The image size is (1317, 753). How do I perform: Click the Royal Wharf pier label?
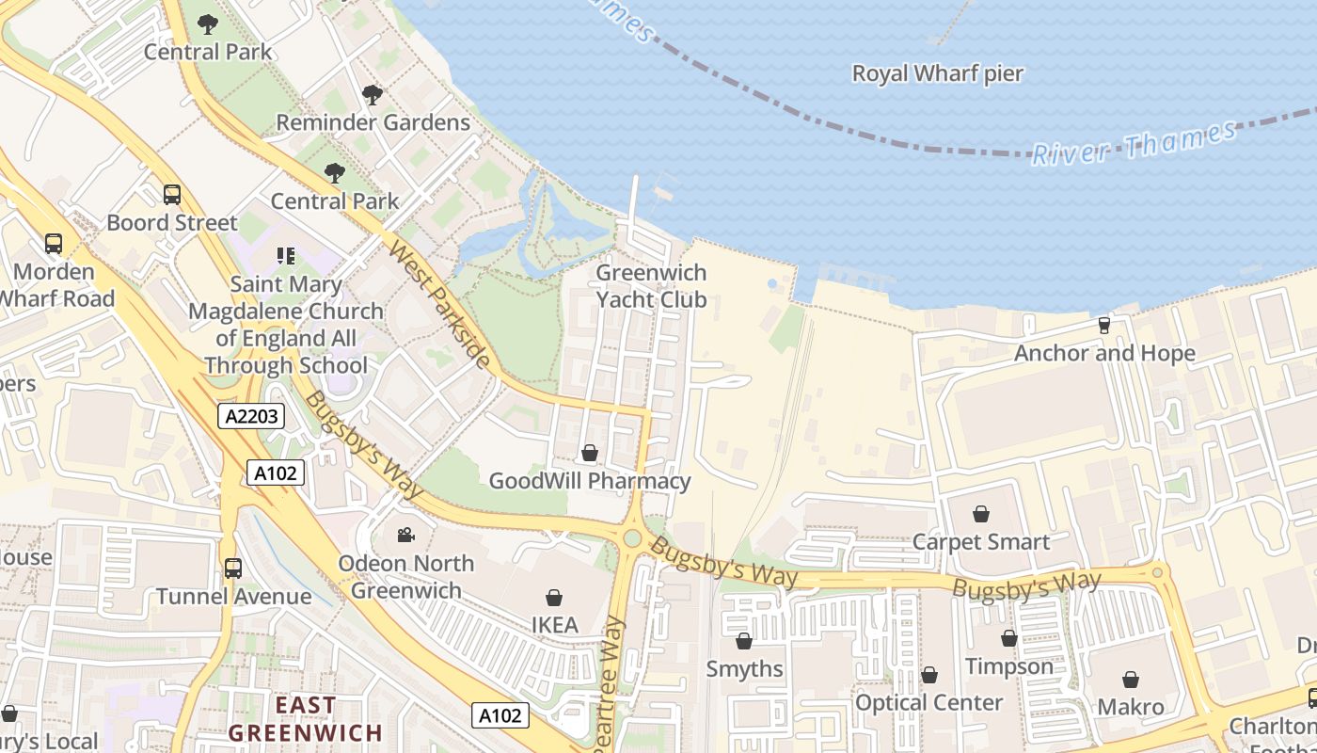(x=937, y=73)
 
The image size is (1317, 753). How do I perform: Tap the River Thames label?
(x=1134, y=144)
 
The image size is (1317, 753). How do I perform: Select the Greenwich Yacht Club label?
(x=651, y=286)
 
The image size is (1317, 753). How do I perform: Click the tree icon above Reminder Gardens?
(x=373, y=94)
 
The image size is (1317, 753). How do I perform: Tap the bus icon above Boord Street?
(x=172, y=195)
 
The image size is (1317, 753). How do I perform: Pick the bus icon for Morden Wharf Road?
(x=54, y=244)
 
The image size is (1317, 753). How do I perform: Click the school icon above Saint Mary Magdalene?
(x=286, y=255)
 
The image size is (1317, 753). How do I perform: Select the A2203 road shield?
(x=251, y=416)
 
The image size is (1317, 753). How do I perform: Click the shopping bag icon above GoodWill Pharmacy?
(x=590, y=453)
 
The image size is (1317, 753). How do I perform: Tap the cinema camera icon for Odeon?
(x=405, y=535)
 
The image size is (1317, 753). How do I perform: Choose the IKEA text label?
(x=554, y=624)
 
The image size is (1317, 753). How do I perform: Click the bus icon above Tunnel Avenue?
(x=232, y=569)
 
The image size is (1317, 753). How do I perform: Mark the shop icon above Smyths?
(x=744, y=641)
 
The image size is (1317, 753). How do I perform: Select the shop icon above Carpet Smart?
(x=981, y=514)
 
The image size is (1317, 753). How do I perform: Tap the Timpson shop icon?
(x=1009, y=638)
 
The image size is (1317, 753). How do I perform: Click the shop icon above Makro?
(x=1131, y=679)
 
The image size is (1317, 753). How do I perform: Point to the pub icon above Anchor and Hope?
(x=1104, y=325)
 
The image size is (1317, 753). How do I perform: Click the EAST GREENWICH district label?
(x=306, y=718)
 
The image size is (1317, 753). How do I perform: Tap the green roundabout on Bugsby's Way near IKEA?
(x=632, y=537)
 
